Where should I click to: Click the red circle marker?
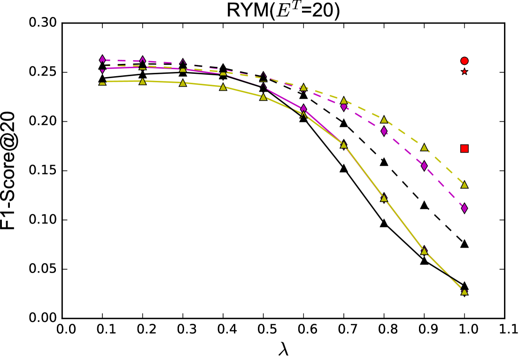(x=464, y=61)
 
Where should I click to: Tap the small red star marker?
(x=464, y=71)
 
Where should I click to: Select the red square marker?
(x=464, y=149)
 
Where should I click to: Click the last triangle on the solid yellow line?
(x=464, y=291)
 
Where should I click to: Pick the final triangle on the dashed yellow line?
(x=464, y=185)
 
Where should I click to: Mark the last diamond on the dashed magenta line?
(x=464, y=208)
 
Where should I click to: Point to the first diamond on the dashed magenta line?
(x=102, y=59)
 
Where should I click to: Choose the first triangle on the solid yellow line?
(x=102, y=82)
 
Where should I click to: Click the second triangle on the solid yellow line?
(x=143, y=81)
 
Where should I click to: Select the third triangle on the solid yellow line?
(x=183, y=83)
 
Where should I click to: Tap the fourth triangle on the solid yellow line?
(x=223, y=87)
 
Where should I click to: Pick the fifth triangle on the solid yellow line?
(x=263, y=97)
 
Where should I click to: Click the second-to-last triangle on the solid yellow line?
(x=424, y=251)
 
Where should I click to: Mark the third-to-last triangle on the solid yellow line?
(x=384, y=198)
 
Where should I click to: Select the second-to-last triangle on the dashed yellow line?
(x=424, y=148)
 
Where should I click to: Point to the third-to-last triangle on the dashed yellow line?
(x=384, y=120)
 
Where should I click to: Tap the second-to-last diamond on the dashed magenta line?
(x=424, y=165)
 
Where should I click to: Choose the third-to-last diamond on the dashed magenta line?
(x=384, y=131)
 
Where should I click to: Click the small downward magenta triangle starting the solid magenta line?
(x=102, y=71)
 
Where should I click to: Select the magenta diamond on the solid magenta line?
(x=303, y=109)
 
